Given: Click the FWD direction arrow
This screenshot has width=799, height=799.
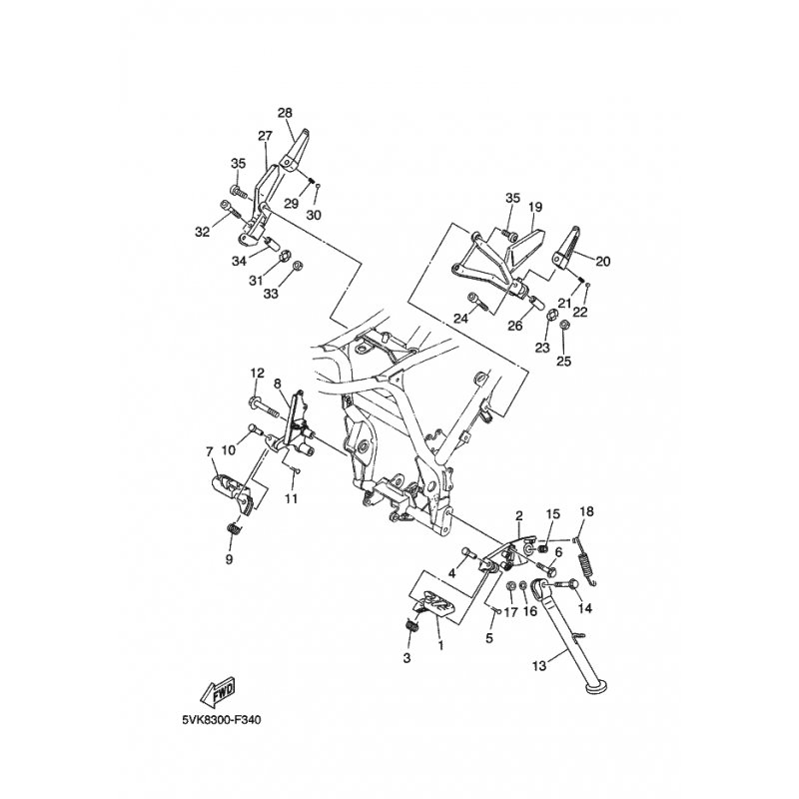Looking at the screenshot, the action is [x=218, y=690].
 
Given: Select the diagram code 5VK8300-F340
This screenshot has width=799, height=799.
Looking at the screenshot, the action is [x=221, y=720].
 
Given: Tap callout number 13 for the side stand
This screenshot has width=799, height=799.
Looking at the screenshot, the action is [x=539, y=665].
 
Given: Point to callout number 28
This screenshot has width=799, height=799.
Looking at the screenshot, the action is [x=286, y=113].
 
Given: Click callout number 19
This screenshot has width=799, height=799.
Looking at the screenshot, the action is [x=535, y=208].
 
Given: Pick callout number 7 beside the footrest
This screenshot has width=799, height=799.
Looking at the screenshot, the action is [x=209, y=451].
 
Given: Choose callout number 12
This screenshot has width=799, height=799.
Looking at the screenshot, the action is [x=258, y=373].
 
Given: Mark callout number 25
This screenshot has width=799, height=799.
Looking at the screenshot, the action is [x=564, y=362].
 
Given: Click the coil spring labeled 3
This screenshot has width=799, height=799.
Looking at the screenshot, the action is [x=412, y=625].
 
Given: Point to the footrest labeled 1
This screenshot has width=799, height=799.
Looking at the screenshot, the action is [x=433, y=603].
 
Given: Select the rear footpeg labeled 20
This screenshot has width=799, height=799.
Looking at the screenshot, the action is [x=566, y=248].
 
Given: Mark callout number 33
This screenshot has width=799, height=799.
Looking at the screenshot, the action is [x=271, y=294].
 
